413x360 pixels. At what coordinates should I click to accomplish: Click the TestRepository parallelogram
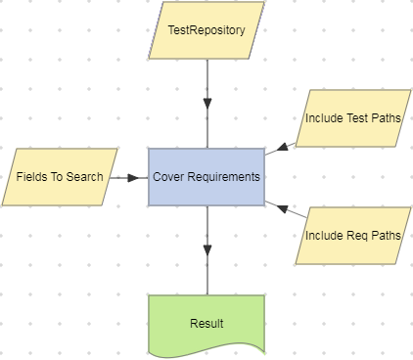point(206,30)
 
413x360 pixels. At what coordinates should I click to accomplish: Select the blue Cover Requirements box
point(206,177)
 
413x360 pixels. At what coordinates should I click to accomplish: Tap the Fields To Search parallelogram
point(60,177)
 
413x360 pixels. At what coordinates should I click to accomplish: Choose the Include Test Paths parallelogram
point(352,118)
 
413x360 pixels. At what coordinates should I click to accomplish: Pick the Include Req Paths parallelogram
point(352,236)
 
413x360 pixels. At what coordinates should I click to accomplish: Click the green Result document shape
point(206,323)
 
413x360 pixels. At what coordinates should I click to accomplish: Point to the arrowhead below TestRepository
point(206,103)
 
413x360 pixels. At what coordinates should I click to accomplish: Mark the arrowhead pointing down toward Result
point(206,248)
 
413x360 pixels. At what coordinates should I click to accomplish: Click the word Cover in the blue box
point(169,177)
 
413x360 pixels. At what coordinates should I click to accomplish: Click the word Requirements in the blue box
point(224,177)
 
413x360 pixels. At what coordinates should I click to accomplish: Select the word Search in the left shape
point(84,177)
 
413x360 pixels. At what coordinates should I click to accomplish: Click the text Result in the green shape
point(206,323)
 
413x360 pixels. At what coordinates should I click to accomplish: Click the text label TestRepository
point(206,30)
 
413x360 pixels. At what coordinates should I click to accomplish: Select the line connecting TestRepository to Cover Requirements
point(206,78)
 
